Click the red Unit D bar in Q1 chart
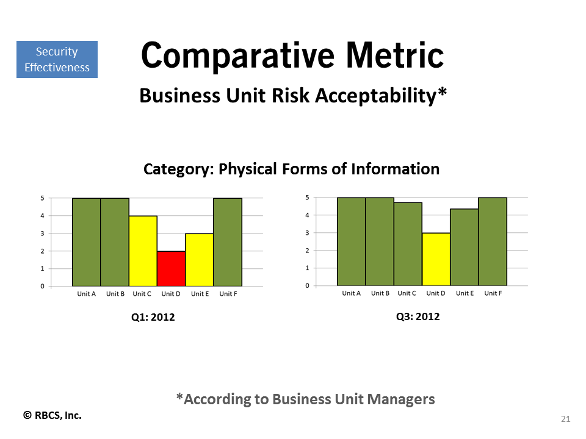point(171,269)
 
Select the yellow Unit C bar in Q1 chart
point(143,251)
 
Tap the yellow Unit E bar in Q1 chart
point(200,260)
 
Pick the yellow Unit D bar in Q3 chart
point(436,259)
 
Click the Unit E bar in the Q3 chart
point(464,247)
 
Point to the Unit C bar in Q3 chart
point(408,244)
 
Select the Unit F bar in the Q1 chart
point(228,242)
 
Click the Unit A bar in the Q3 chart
point(352,241)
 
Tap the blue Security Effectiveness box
point(57,59)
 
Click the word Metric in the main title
point(395,55)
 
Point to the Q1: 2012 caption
point(153,317)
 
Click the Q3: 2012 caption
point(418,316)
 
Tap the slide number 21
point(565,419)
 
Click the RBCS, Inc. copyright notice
point(52,415)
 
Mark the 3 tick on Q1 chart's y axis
point(42,234)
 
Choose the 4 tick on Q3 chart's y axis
point(307,215)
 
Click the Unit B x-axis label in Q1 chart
point(115,294)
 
